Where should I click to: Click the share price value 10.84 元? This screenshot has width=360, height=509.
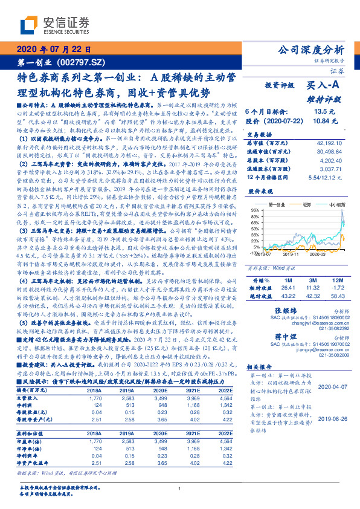click(321, 121)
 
